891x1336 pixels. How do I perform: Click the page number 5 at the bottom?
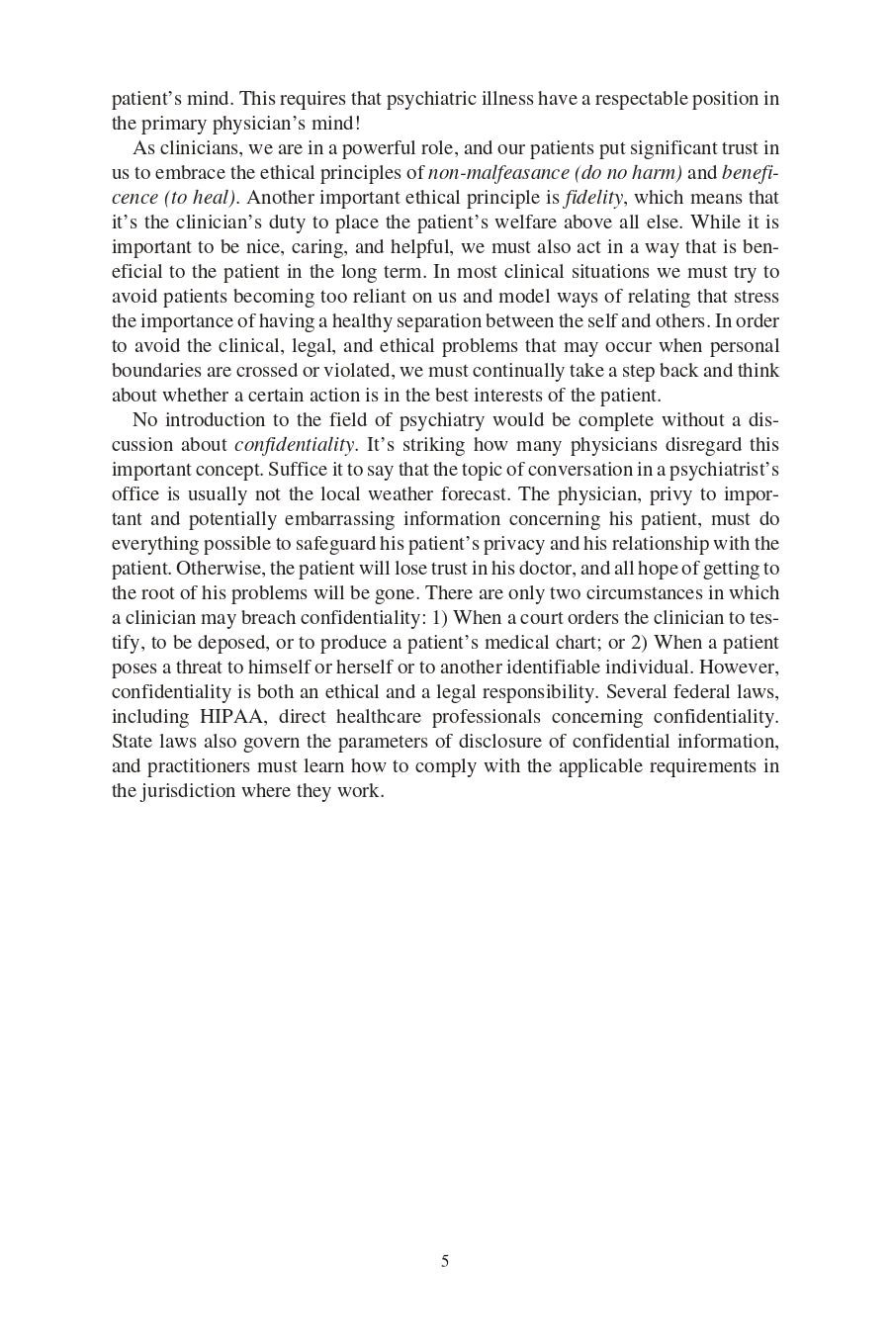tap(445, 1261)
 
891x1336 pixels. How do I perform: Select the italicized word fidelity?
tap(593, 198)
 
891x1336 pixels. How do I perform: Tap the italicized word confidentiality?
tap(295, 445)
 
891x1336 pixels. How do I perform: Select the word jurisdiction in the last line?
tap(187, 791)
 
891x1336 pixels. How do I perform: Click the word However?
tap(740, 668)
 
